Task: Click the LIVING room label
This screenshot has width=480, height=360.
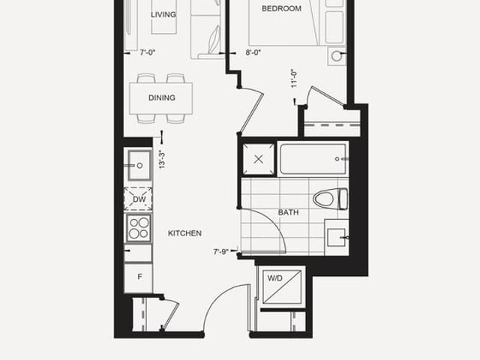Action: [x=163, y=14]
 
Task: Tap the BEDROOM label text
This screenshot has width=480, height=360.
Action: [x=281, y=8]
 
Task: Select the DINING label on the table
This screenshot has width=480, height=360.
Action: [x=162, y=97]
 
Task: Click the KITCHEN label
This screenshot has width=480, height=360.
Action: [x=184, y=233]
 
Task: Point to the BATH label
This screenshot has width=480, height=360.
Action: [x=288, y=212]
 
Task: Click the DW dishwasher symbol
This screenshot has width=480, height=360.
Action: [x=138, y=199]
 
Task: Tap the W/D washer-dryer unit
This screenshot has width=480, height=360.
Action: [x=282, y=286]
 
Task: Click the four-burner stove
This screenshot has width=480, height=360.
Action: [x=139, y=229]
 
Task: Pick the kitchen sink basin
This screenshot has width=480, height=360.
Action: [x=139, y=165]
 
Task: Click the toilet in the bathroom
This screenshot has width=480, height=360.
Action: [x=330, y=199]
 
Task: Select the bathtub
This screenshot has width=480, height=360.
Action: [x=313, y=159]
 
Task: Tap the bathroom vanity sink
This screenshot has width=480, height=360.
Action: [x=336, y=238]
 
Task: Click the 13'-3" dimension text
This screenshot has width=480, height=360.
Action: [x=162, y=159]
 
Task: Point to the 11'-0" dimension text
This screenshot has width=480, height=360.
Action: [x=294, y=78]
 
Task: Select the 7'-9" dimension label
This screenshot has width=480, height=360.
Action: [x=221, y=252]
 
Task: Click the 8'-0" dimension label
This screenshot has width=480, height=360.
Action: [x=253, y=52]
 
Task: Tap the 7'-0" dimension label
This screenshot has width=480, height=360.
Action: [x=148, y=52]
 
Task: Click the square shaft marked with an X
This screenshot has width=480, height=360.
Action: [x=259, y=159]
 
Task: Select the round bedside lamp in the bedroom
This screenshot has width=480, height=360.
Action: [x=337, y=56]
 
